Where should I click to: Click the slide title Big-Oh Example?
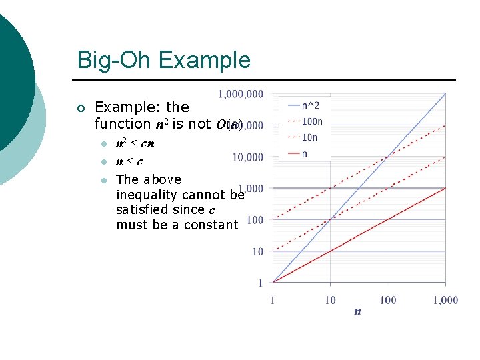163,60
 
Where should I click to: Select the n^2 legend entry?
310,105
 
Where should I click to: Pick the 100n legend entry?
312,121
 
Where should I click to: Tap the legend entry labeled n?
305,153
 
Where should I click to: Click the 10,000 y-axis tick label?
247,157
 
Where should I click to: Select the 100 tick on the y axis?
255,220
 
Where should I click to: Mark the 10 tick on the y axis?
257,251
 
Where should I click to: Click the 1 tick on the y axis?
260,283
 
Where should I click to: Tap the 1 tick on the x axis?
272,300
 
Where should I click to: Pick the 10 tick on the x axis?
330,300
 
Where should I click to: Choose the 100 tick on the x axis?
387,300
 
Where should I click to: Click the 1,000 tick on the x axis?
445,300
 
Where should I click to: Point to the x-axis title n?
357,311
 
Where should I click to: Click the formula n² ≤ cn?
135,143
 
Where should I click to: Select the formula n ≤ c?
129,161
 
